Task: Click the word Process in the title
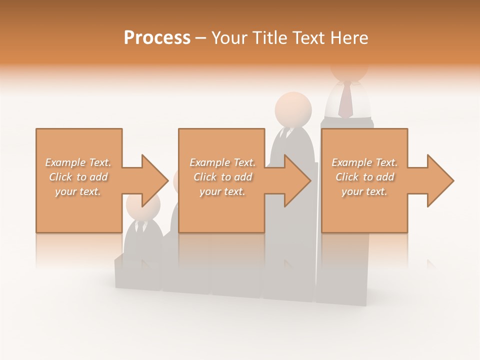[157, 38]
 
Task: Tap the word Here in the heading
[349, 38]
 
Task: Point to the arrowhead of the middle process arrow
[297, 180]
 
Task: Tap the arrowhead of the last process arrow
[440, 180]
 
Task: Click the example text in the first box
[78, 177]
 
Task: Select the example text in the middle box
[222, 177]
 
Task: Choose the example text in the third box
[364, 177]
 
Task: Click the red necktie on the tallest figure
[345, 100]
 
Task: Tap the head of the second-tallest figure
[293, 109]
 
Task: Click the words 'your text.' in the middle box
[222, 191]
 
